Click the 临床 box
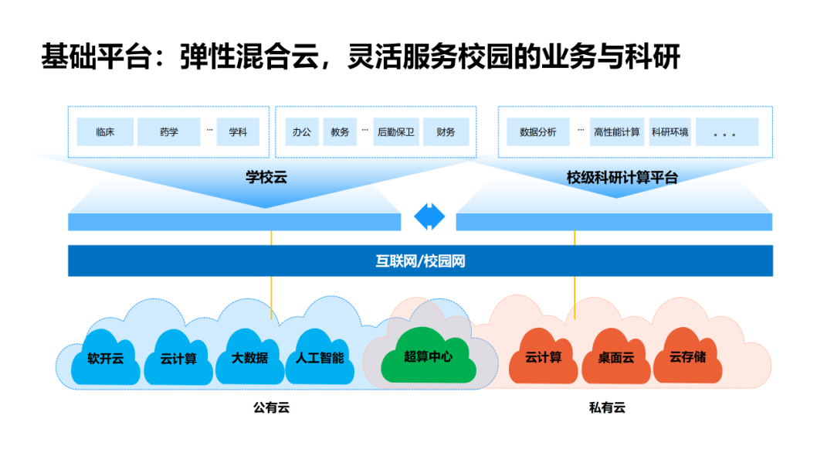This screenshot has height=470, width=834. [x=105, y=132]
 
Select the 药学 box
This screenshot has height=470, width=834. [x=168, y=132]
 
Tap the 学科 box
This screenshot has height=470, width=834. [x=238, y=132]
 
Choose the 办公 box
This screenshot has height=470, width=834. [x=301, y=132]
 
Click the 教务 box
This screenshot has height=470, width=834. [x=340, y=132]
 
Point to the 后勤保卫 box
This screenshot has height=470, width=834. [x=395, y=132]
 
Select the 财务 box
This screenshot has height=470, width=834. [x=446, y=132]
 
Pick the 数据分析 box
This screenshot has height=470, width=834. [x=537, y=132]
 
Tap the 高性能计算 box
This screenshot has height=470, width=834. [x=616, y=132]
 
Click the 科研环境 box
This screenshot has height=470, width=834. [x=669, y=132]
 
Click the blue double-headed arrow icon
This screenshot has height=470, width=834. [x=429, y=216]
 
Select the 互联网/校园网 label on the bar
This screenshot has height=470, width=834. [x=420, y=261]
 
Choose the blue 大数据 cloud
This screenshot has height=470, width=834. [x=249, y=359]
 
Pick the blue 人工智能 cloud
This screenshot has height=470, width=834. [x=320, y=359]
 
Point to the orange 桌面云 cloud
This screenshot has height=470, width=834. [x=615, y=359]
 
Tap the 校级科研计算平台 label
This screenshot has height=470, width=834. [x=622, y=178]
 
